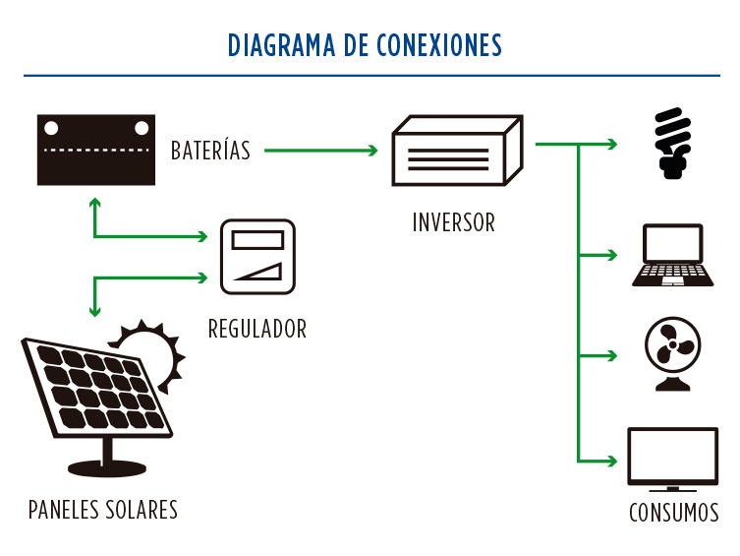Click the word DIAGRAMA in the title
[x=281, y=45]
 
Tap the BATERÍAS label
[x=210, y=151]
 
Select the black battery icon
[x=96, y=150]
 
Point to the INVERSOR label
[x=453, y=221]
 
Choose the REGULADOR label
[x=257, y=329]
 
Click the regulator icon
[x=257, y=256]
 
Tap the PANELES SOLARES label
[x=103, y=510]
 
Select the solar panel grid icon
[x=96, y=391]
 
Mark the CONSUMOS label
[x=673, y=513]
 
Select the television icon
[x=672, y=459]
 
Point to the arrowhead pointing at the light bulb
[x=612, y=145]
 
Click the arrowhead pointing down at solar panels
[x=94, y=311]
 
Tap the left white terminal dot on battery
[x=50, y=127]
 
